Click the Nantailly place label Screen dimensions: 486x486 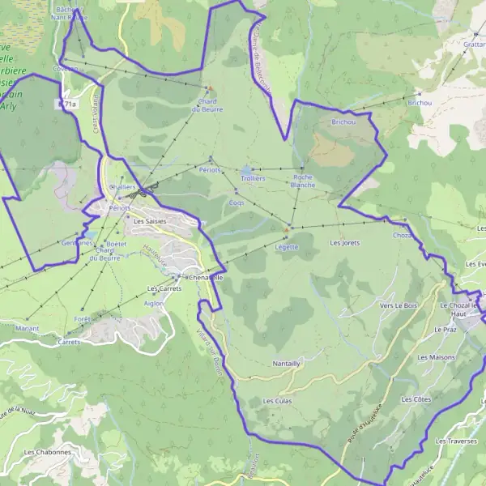pos(287,364)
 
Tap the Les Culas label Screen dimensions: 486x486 pos(277,401)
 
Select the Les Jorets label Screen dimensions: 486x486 pos(344,243)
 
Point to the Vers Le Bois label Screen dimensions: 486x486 pos(398,305)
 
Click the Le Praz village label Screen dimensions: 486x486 pos(446,330)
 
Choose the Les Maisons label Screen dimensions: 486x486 pos(436,357)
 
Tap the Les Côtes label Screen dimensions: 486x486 pos(416,399)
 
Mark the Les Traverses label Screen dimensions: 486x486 pos(455,441)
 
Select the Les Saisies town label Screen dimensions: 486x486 pos(149,220)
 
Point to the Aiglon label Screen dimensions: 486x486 pos(153,303)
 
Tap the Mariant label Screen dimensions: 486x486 pos(28,328)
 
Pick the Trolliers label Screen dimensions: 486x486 pos(253,177)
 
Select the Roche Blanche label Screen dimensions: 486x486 pos(303,181)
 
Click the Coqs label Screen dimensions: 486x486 pos(236,202)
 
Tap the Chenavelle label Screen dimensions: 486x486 pos(204,278)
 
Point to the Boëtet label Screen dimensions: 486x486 pos(117,244)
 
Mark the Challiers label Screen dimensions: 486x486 pos(122,186)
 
